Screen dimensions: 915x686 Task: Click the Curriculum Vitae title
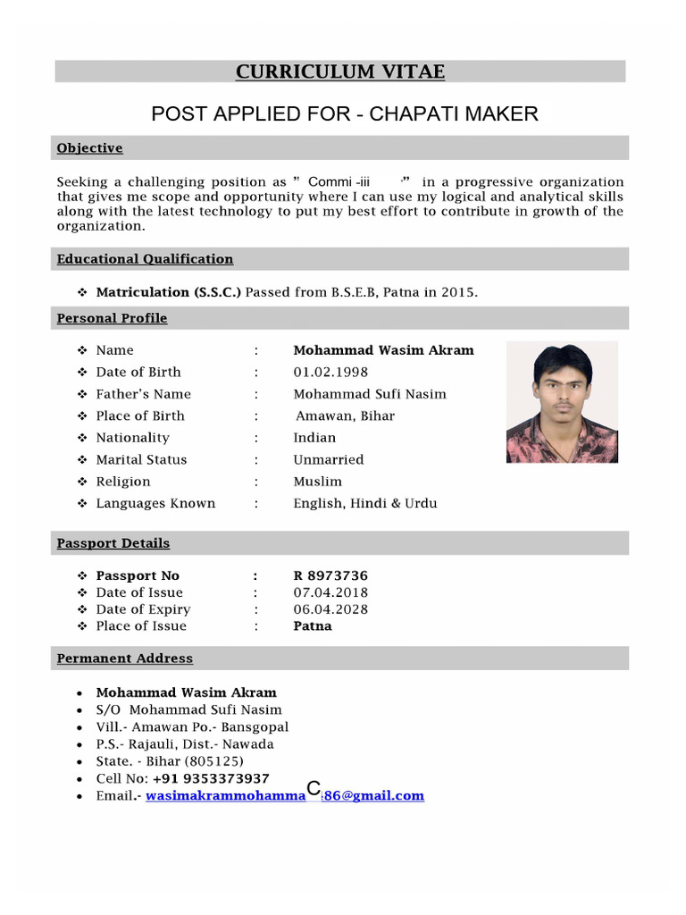click(339, 72)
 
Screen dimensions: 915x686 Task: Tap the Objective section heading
click(89, 148)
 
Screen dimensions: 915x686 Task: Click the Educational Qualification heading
click(145, 259)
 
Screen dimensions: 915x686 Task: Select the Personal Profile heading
click(112, 318)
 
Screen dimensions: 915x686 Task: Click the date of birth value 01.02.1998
click(330, 372)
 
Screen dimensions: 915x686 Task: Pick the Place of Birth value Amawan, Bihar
click(345, 416)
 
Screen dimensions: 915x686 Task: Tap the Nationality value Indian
click(314, 438)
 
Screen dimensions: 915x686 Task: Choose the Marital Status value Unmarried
click(328, 459)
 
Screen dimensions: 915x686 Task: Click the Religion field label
click(123, 482)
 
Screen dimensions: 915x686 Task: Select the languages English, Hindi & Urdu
click(364, 503)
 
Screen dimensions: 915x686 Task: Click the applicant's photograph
click(561, 402)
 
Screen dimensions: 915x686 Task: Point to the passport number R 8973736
click(330, 576)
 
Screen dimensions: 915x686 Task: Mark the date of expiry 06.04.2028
click(330, 609)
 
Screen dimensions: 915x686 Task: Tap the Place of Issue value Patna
click(312, 626)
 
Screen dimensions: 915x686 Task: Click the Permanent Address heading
click(124, 659)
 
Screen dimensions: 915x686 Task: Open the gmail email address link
click(284, 795)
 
